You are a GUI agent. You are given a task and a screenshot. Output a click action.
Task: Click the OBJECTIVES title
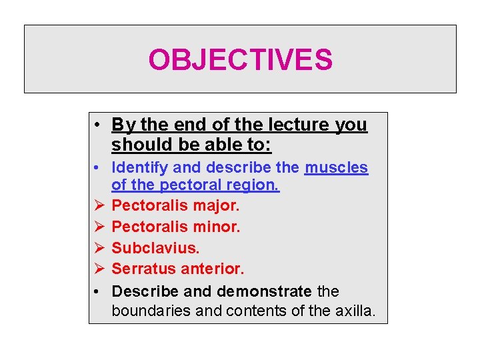pos(240,60)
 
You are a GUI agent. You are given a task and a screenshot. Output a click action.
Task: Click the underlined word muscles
pos(336,167)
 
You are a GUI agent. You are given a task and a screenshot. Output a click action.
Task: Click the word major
pos(217,205)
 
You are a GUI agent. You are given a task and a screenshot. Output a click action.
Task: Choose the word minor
pos(217,227)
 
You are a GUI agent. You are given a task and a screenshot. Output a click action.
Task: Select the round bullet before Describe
pos(97,291)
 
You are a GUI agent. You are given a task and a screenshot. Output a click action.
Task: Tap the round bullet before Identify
pos(97,167)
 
